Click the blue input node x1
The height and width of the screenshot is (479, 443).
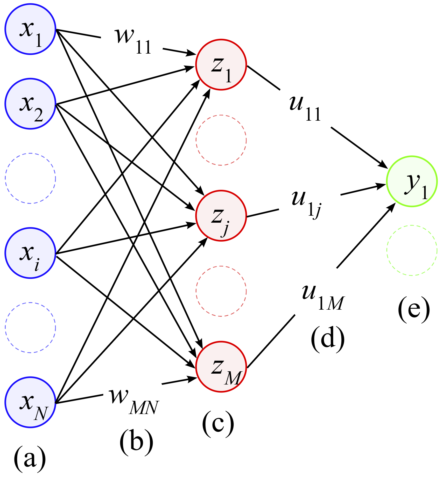[30, 29]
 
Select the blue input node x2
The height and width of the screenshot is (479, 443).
[30, 104]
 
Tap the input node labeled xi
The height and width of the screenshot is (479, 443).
[30, 253]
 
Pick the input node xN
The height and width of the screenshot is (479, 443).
[30, 402]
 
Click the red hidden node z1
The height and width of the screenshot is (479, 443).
[221, 65]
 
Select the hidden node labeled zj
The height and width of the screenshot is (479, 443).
[221, 216]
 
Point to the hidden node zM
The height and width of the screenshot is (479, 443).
[221, 367]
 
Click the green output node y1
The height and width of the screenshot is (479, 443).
[412, 181]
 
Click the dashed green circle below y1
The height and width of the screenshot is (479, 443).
[412, 250]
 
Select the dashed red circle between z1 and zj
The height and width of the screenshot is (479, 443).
[221, 140]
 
